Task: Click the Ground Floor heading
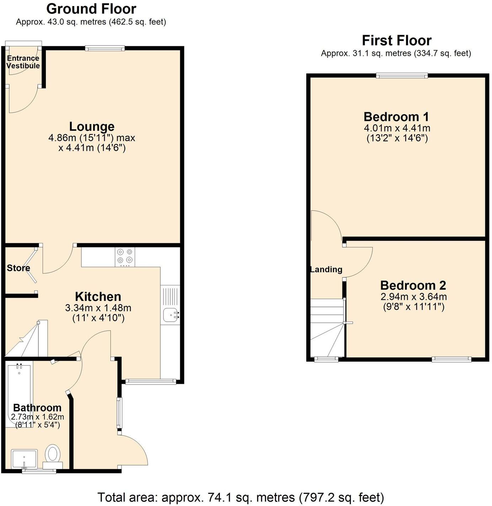(91, 9)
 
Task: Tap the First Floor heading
(396, 41)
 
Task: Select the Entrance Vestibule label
(23, 62)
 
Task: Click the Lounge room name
(92, 126)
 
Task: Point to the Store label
(18, 268)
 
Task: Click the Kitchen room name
(98, 296)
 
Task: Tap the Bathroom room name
(37, 408)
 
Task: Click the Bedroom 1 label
(396, 117)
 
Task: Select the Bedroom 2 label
(413, 285)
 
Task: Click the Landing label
(326, 269)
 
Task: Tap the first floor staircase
(326, 327)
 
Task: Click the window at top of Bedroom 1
(402, 75)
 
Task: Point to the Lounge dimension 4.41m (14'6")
(92, 147)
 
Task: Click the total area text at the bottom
(240, 497)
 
